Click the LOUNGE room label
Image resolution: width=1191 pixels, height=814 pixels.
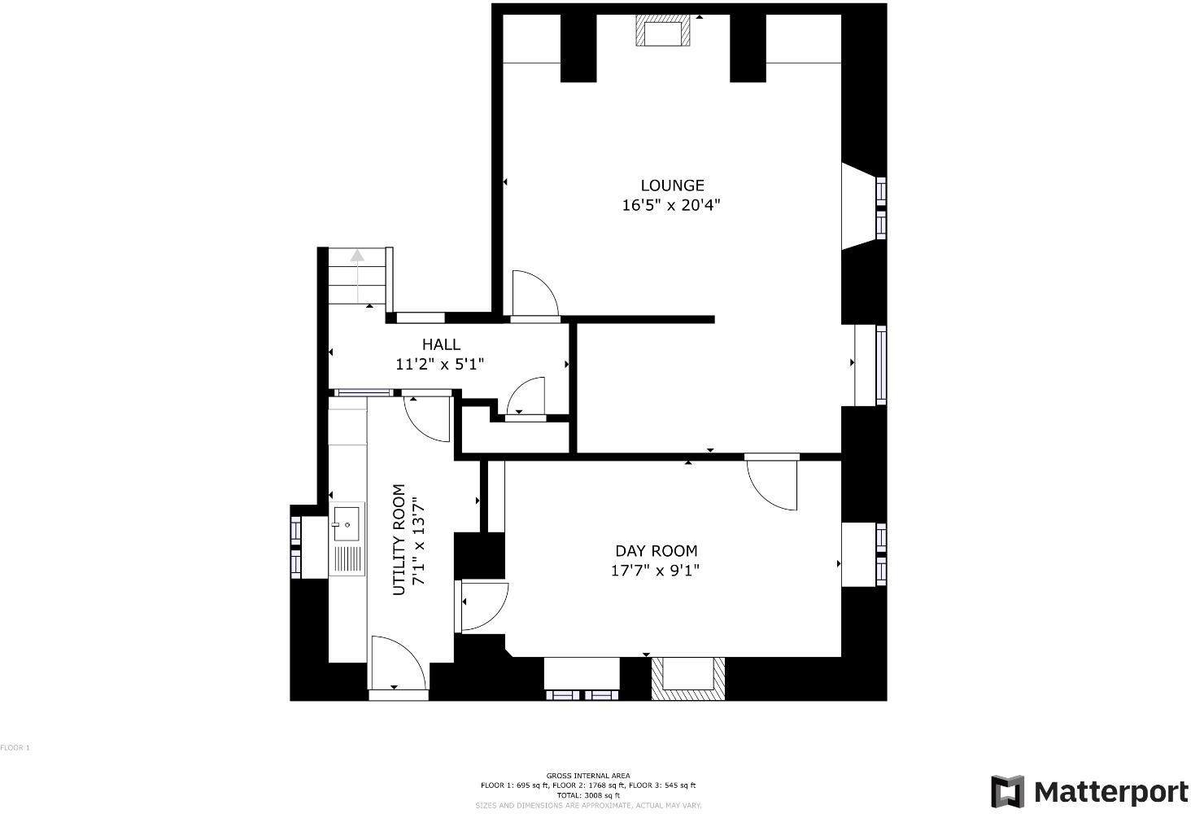tap(672, 186)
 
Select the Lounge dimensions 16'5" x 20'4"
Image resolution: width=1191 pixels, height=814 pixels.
tap(671, 206)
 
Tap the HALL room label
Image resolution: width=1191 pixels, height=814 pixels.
tap(441, 345)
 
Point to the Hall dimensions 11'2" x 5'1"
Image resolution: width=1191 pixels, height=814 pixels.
tap(440, 365)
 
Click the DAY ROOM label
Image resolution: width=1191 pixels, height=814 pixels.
tap(656, 551)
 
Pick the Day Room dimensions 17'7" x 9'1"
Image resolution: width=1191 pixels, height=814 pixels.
tap(655, 571)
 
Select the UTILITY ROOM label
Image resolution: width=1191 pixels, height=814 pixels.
tap(399, 540)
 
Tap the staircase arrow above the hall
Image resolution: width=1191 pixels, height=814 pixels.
tap(357, 256)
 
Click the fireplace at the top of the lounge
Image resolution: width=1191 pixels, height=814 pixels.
tap(663, 33)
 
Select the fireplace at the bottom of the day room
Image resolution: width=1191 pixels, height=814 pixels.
tap(687, 677)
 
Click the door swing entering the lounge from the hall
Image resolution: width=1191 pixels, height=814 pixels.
tap(533, 293)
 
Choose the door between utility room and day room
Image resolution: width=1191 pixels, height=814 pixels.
tap(485, 606)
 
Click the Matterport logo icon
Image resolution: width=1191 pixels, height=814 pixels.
tap(1007, 791)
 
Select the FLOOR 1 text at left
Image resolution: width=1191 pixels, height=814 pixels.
tap(15, 747)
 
